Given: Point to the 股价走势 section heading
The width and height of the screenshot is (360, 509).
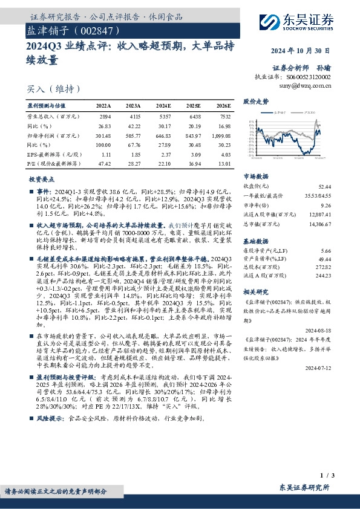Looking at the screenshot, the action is click(255, 101).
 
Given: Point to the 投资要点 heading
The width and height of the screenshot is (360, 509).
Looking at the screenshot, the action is click(41, 180).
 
